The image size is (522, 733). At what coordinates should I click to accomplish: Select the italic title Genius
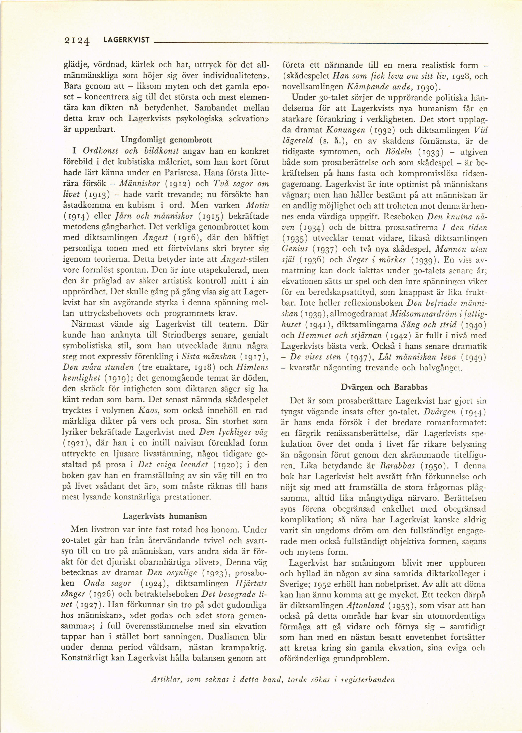pos(294,249)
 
